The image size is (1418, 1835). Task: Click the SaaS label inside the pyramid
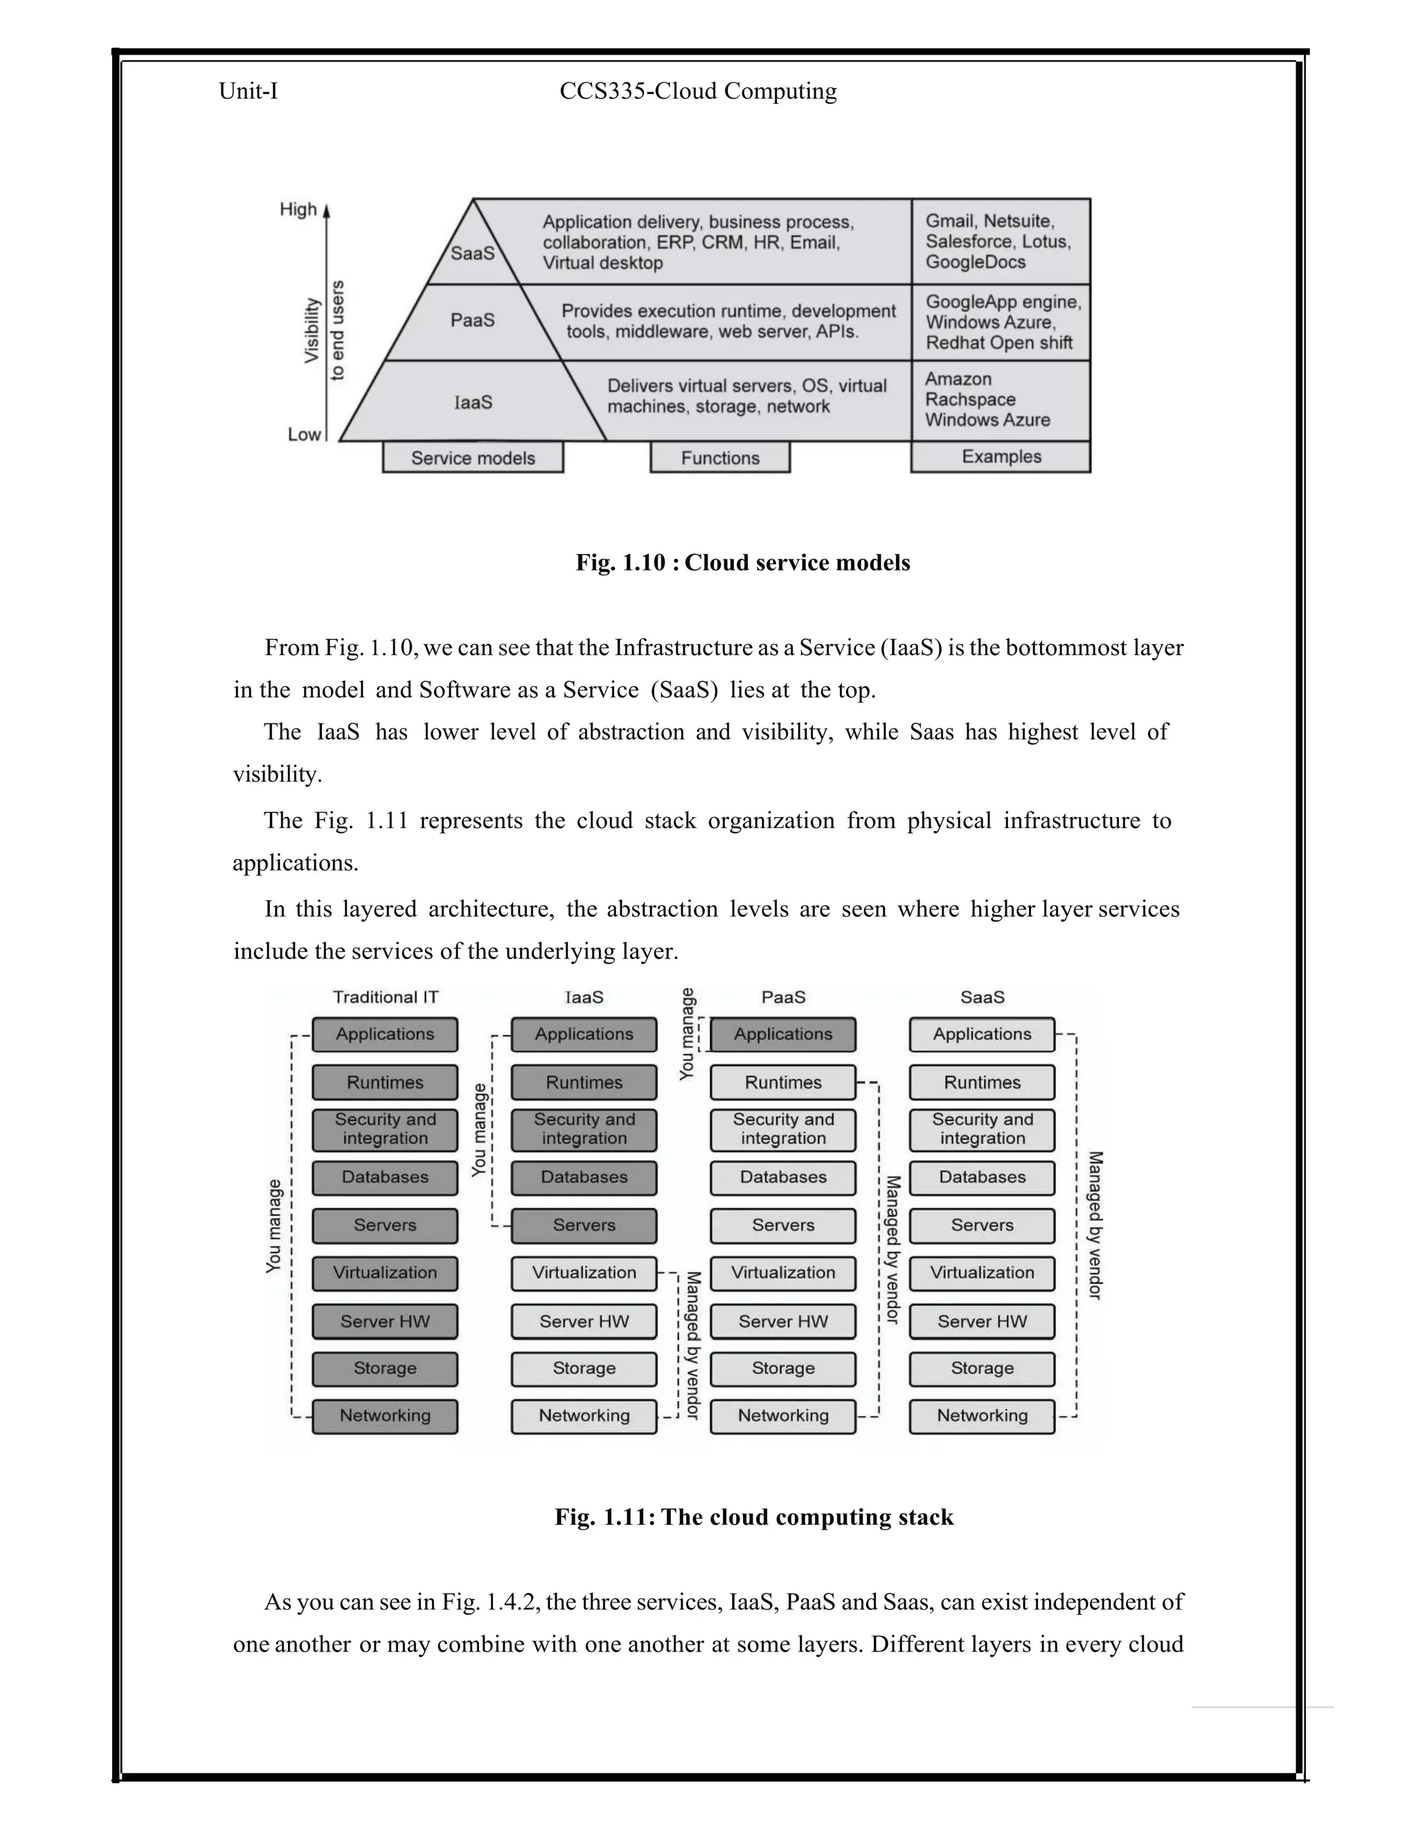[472, 253]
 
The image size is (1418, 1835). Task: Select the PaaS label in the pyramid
[472, 320]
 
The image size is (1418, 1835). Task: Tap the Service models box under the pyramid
[473, 458]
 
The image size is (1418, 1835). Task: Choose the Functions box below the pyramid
[720, 458]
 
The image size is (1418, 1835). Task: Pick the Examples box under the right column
[1000, 457]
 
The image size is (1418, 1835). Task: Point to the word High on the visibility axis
[298, 209]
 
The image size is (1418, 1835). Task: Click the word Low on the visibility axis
[304, 434]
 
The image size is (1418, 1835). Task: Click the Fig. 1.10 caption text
[743, 563]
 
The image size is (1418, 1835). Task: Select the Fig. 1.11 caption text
[753, 1516]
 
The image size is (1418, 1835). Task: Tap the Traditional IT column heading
[386, 997]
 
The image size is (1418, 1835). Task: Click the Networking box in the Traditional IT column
[385, 1416]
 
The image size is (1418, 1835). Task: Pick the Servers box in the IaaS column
[584, 1225]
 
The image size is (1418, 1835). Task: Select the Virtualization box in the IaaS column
[584, 1273]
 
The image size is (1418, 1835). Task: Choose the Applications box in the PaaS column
[783, 1035]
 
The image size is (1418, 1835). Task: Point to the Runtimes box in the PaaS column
[783, 1082]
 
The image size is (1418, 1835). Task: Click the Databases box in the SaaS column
[982, 1177]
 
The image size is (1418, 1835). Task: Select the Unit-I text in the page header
[248, 91]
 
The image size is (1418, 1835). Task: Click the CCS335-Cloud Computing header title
[698, 91]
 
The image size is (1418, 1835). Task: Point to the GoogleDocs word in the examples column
[976, 262]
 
